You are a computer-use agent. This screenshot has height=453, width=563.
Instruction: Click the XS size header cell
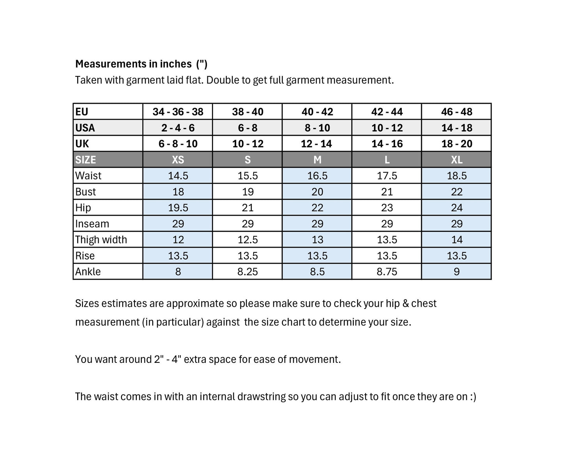178,160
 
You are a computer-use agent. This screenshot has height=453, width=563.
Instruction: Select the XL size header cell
456,160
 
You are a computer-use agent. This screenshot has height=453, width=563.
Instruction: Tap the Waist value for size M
317,176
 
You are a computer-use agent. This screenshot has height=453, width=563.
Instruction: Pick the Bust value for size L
387,192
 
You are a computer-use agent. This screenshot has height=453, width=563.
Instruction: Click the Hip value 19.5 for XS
178,208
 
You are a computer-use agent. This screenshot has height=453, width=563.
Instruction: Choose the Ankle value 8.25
247,272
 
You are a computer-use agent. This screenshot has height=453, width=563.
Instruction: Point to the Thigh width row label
101,240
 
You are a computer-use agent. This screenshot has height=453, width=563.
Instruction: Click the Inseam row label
92,224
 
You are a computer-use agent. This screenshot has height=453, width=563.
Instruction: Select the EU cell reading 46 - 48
456,112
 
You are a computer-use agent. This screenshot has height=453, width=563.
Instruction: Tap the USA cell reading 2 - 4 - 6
178,128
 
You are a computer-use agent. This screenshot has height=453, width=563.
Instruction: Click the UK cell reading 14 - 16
387,144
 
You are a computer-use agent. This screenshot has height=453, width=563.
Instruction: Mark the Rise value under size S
247,256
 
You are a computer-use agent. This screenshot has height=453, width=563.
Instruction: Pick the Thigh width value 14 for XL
456,240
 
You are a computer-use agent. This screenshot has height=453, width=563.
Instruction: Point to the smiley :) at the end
473,397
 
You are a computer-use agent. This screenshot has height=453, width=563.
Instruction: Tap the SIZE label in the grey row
85,160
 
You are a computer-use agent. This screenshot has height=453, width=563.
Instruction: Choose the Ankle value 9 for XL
456,272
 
